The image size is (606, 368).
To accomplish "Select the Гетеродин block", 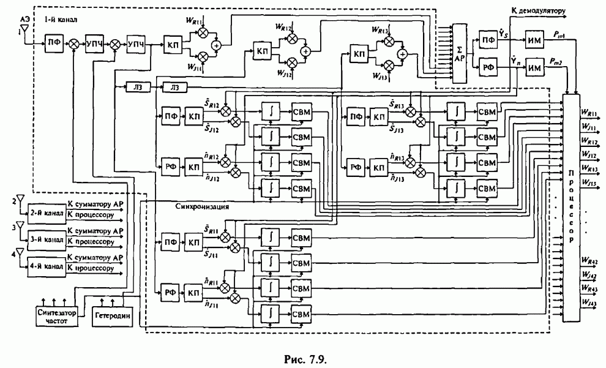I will pos(110,317).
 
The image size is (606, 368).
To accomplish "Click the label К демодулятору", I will pos(537,10).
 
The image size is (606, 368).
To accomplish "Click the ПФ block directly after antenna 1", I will pos(52,43).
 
